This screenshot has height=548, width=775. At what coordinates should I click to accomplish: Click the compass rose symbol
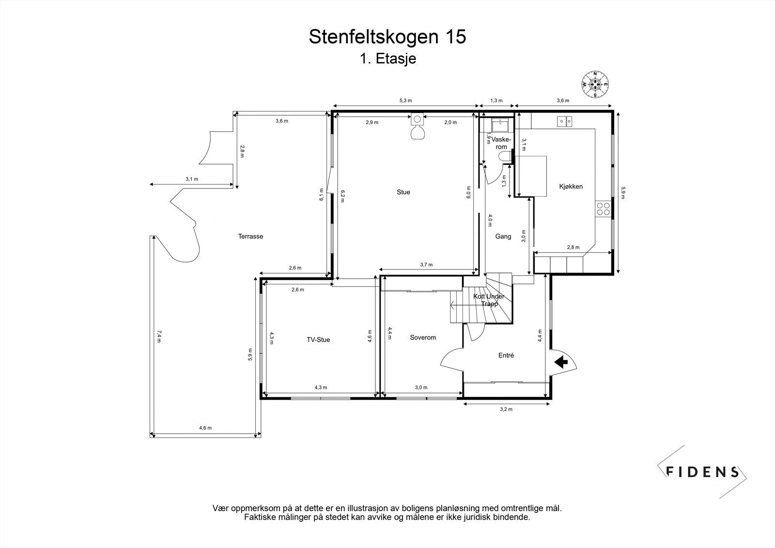pyautogui.click(x=595, y=84)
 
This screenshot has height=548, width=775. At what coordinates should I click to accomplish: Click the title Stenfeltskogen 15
pyautogui.click(x=387, y=37)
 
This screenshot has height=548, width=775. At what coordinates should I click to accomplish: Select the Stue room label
pyautogui.click(x=403, y=192)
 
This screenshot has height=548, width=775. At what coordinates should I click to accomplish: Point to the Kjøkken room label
pyautogui.click(x=571, y=187)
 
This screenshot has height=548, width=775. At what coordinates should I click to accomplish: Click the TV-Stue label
pyautogui.click(x=318, y=340)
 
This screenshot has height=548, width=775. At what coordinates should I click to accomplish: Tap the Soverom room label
pyautogui.click(x=423, y=338)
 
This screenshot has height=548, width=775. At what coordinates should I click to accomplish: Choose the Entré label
pyautogui.click(x=506, y=356)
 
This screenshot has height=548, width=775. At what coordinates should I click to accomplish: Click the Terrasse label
pyautogui.click(x=250, y=236)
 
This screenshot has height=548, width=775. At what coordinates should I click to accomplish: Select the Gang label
pyautogui.click(x=503, y=237)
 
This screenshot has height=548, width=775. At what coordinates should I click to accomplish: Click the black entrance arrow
pyautogui.click(x=561, y=362)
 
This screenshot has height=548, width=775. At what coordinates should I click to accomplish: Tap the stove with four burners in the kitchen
pyautogui.click(x=604, y=209)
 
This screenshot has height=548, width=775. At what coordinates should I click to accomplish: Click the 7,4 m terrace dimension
pyautogui.click(x=158, y=336)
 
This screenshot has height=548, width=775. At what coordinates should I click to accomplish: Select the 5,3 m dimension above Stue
pyautogui.click(x=405, y=101)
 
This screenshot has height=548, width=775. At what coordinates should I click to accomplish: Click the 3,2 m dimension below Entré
pyautogui.click(x=506, y=409)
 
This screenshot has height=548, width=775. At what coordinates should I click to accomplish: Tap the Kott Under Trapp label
pyautogui.click(x=488, y=300)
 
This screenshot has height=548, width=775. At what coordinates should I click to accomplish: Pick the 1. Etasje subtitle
pyautogui.click(x=387, y=59)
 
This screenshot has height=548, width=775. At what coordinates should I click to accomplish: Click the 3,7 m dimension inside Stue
pyautogui.click(x=426, y=265)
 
